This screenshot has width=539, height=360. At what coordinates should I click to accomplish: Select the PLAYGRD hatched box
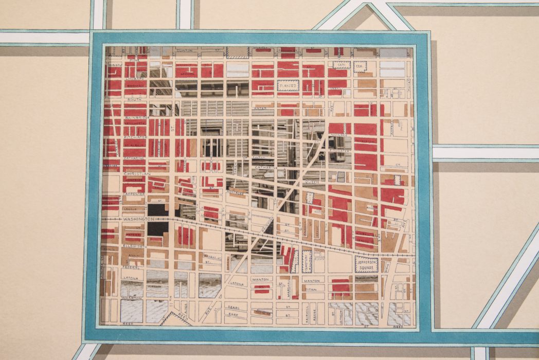coord(288,85)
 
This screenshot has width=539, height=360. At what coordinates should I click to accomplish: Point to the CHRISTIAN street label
coord(136,174)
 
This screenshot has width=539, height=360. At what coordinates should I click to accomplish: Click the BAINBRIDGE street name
coord(136,118)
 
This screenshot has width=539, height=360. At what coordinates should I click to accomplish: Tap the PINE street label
coord(135,60)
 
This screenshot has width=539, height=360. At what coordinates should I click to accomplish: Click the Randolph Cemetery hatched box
coord(307,261)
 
